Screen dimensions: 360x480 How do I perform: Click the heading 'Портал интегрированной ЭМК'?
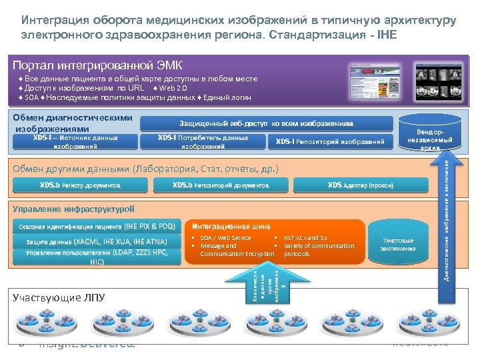tap(97, 65)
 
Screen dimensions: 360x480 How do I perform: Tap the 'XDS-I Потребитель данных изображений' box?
tap(203, 141)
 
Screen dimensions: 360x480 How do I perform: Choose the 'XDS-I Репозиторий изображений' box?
tap(330, 141)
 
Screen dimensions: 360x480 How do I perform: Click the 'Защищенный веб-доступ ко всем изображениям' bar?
tap(266, 123)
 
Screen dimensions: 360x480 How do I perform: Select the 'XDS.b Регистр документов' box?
tap(79, 185)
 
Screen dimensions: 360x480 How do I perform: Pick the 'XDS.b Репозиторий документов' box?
tap(220, 185)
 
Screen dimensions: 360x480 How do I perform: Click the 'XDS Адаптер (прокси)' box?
tap(360, 185)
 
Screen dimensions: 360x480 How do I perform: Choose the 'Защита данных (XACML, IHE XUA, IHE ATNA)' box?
tap(97, 241)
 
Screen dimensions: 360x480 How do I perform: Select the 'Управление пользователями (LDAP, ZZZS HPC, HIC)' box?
tap(97, 257)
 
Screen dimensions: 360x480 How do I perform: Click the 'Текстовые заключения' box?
tap(397, 245)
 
